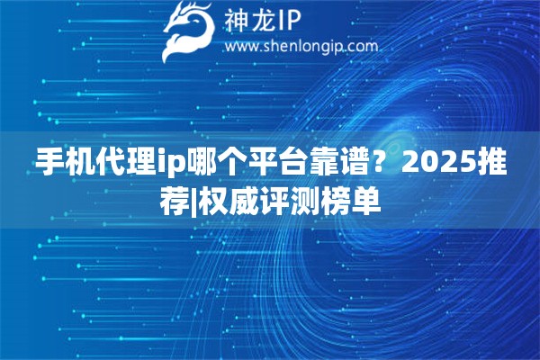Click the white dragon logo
point(189,31)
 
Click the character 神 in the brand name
point(236,21)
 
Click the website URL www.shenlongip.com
point(301,46)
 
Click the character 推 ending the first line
point(493,163)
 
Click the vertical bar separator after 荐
point(193,202)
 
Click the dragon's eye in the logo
point(196,21)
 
